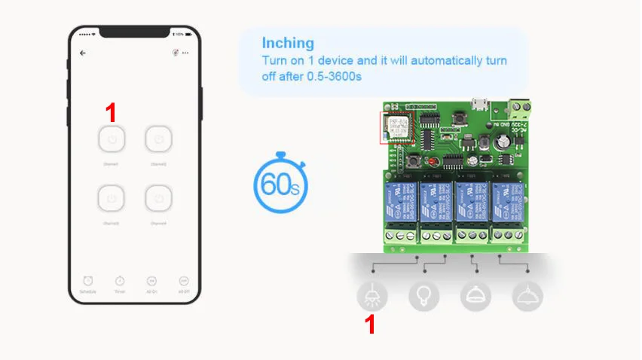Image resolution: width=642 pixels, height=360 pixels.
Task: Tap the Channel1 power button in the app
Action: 111,139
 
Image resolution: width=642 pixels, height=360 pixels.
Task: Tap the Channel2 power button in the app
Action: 159,139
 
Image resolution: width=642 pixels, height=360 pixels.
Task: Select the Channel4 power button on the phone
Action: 159,199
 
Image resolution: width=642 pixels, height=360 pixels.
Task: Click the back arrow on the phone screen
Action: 83,53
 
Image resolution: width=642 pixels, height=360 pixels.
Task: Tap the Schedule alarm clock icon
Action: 87,280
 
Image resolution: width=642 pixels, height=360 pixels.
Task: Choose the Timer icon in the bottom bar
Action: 120,280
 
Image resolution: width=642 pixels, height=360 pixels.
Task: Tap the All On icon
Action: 151,280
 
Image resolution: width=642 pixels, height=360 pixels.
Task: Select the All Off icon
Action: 184,280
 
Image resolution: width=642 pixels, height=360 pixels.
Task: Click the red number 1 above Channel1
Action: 111,113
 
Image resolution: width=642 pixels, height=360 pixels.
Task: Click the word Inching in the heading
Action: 288,43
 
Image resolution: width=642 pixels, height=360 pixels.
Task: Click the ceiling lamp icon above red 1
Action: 372,296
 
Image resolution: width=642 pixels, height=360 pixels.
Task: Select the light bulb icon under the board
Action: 423,296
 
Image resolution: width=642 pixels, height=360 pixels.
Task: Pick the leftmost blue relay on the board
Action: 399,201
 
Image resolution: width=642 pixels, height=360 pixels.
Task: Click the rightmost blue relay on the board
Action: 506,201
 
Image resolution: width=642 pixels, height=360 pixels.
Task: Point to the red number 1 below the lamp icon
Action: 370,325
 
